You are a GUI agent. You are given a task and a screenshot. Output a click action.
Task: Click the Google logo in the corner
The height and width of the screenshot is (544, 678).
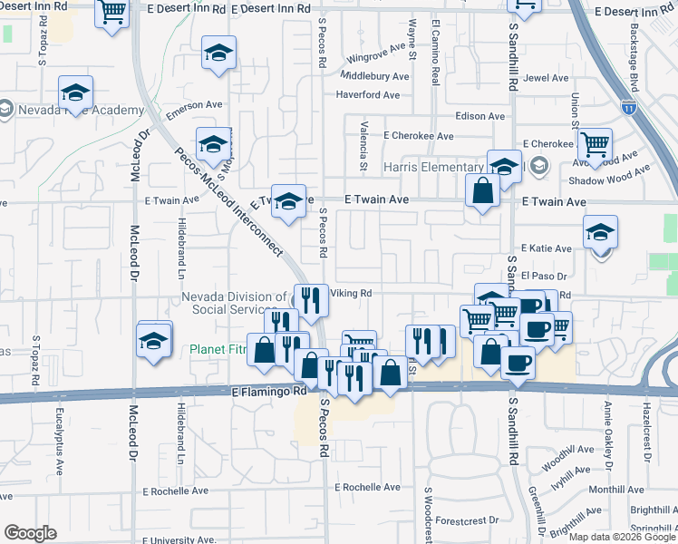pos(30,533)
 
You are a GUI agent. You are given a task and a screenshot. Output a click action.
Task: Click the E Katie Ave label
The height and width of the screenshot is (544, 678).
pos(547,248)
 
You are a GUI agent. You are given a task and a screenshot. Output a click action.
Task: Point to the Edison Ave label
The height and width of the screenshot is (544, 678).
pos(479,116)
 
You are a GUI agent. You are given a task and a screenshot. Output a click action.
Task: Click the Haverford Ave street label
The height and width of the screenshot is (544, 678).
pos(367,94)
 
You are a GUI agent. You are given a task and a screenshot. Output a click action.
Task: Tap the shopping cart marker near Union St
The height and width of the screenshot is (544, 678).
pos(595,145)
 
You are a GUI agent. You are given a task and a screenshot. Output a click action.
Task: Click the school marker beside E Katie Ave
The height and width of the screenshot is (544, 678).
pos(600,233)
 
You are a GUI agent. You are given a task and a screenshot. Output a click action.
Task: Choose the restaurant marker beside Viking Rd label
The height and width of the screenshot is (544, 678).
pos(311,299)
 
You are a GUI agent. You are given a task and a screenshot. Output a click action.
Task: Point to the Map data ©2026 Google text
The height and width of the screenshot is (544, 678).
pos(622,537)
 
